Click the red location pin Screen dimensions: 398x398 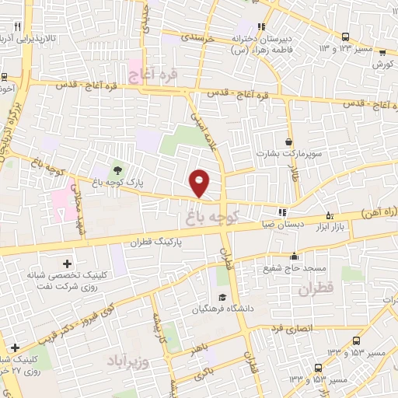(200, 183)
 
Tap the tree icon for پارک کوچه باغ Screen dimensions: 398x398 (117, 170)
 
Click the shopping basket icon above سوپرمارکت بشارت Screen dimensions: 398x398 (289, 142)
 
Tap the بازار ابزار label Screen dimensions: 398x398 (330, 227)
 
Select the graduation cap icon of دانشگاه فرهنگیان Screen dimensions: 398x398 (222, 298)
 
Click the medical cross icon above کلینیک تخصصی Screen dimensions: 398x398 (67, 265)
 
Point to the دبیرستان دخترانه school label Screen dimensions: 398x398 (265, 37)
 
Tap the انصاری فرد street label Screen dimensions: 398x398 (292, 329)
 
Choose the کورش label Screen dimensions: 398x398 (379, 64)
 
